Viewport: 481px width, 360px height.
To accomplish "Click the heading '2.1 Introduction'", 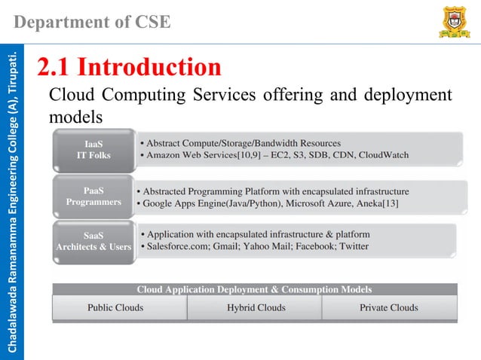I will tap(130, 67).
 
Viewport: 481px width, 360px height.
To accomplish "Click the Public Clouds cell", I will tap(115, 307).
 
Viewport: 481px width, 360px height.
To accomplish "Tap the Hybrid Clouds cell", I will tap(256, 307).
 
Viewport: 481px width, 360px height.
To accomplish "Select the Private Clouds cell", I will tap(388, 307).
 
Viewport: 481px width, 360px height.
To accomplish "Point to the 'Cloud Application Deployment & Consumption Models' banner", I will tap(254, 289).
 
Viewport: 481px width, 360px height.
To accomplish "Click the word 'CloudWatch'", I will tap(383, 155).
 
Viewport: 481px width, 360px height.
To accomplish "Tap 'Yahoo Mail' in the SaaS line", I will tap(274, 246).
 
